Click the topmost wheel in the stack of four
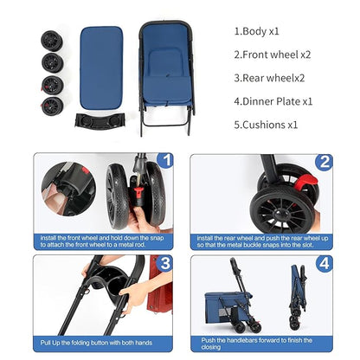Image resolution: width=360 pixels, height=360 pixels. (x=52, y=41)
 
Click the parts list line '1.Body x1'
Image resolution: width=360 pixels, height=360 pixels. (x=256, y=31)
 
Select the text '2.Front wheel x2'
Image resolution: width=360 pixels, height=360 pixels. (x=273, y=55)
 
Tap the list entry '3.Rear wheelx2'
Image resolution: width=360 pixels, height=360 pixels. (x=269, y=78)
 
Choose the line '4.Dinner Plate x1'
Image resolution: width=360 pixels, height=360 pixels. (x=273, y=101)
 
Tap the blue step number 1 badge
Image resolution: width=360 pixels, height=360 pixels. (x=166, y=160)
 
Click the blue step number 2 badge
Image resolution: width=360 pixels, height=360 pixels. (x=325, y=162)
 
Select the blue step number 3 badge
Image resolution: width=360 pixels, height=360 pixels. (x=166, y=262)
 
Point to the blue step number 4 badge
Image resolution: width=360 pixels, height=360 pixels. (x=325, y=263)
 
